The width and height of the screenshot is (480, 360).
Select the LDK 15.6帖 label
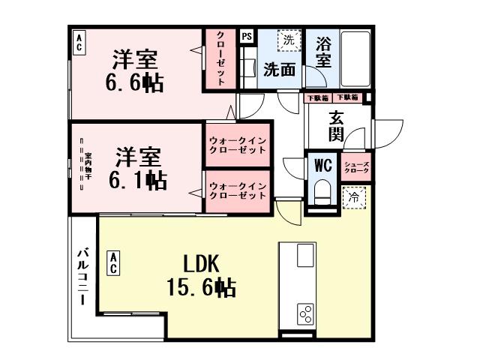(201, 275)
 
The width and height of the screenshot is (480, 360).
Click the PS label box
(247, 35)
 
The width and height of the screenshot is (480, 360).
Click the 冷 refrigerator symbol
(352, 197)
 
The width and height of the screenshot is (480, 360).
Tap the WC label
(323, 164)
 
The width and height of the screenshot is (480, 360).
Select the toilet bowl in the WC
(323, 191)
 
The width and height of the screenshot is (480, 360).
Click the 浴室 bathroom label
(323, 52)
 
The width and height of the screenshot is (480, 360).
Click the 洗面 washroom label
(279, 69)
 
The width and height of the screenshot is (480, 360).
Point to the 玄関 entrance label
(336, 126)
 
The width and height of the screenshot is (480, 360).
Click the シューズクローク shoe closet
(356, 168)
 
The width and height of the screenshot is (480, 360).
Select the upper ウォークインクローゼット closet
(237, 145)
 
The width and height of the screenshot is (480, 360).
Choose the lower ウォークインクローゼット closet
(237, 190)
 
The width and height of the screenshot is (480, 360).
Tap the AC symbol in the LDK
(112, 263)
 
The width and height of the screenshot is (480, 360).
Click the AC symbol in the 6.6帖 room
(79, 42)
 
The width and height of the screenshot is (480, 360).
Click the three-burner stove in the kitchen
(305, 312)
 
